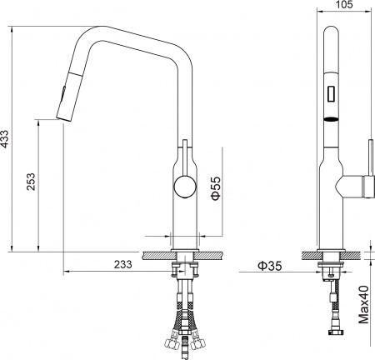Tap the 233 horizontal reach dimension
pos(122,264)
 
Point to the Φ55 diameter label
pos(215,188)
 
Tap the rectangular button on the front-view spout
pos(331,92)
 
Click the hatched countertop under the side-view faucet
pos(183,253)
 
